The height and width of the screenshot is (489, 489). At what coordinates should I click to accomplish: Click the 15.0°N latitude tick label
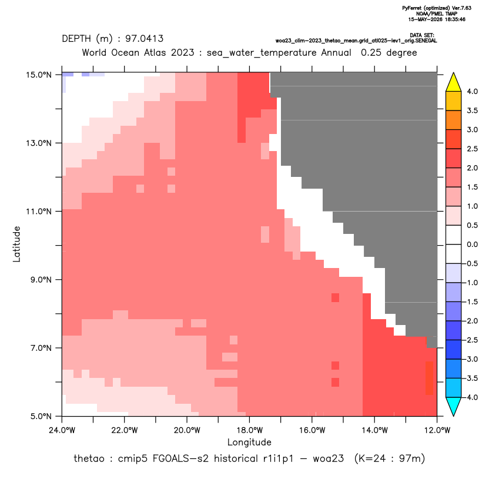pyautogui.click(x=39, y=75)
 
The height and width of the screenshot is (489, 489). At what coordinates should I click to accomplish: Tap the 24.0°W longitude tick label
pyautogui.click(x=62, y=430)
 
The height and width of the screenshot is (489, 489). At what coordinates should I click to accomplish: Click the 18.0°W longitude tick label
pyautogui.click(x=249, y=430)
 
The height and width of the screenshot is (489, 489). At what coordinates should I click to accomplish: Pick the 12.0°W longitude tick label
pyautogui.click(x=437, y=430)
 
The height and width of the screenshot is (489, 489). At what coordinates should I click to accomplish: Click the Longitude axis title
pyautogui.click(x=249, y=442)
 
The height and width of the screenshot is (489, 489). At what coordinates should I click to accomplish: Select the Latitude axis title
pyautogui.click(x=16, y=244)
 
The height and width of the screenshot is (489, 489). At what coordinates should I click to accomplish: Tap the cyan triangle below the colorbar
pyautogui.click(x=454, y=406)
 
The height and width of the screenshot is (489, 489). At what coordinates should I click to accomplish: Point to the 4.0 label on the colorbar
pyautogui.click(x=472, y=91)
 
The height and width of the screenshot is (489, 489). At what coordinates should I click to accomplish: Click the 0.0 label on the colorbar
pyautogui.click(x=472, y=244)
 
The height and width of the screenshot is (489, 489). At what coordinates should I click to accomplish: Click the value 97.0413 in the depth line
pyautogui.click(x=145, y=39)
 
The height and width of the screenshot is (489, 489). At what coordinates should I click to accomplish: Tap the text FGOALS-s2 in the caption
pyautogui.click(x=180, y=459)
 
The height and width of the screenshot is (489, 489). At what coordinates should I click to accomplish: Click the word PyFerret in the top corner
pyautogui.click(x=412, y=8)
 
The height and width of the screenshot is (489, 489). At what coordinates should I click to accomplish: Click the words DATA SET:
pyautogui.click(x=422, y=35)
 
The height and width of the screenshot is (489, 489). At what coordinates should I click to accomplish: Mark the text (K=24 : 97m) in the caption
pyautogui.click(x=390, y=459)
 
